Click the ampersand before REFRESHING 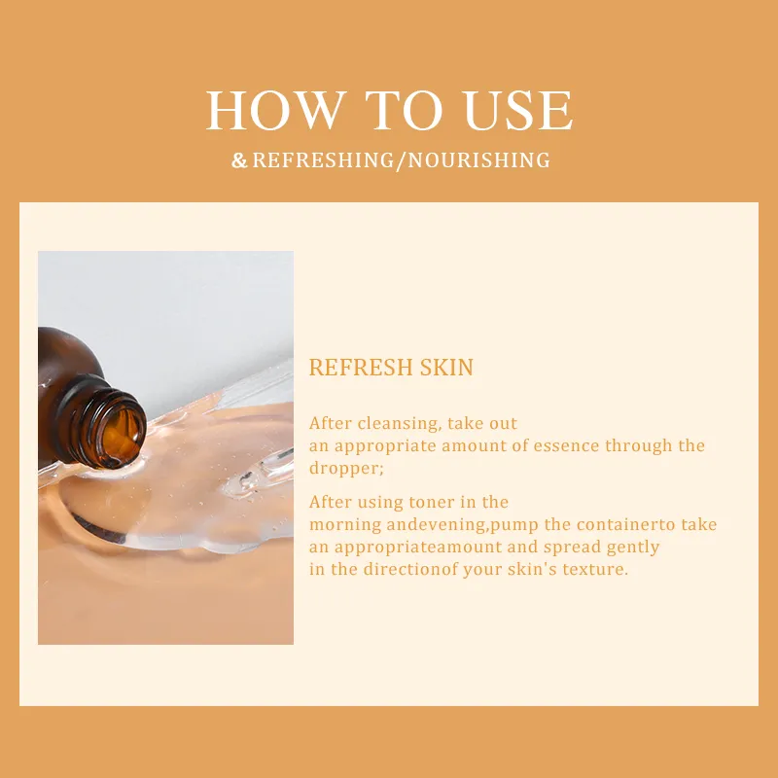[239, 160]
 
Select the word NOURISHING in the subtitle [478, 160]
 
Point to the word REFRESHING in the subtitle [323, 160]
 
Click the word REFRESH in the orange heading [361, 368]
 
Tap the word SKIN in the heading [446, 368]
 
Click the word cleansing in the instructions [399, 424]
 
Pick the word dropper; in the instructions [346, 469]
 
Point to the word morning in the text [345, 525]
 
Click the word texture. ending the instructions [595, 570]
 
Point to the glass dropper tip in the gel [258, 476]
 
